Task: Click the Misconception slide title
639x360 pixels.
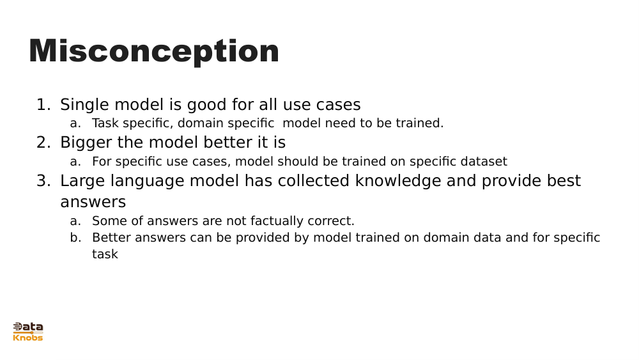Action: point(154,52)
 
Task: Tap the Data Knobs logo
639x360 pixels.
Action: point(28,332)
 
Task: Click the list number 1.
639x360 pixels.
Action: point(43,105)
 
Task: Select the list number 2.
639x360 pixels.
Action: point(43,143)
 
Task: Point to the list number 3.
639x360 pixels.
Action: point(43,181)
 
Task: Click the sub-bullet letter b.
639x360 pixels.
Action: point(75,238)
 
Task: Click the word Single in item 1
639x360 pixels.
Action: point(84,105)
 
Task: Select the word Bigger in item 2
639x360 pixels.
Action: point(86,143)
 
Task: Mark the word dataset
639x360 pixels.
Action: point(484,162)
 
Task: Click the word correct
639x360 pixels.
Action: point(332,221)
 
